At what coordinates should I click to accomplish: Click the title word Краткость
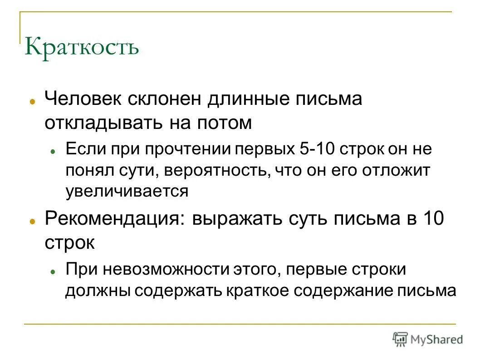pyautogui.click(x=82, y=47)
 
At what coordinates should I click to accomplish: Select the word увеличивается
pyautogui.click(x=127, y=191)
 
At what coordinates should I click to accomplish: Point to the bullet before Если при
pyautogui.click(x=53, y=151)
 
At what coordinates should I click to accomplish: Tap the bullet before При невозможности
pyautogui.click(x=53, y=271)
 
